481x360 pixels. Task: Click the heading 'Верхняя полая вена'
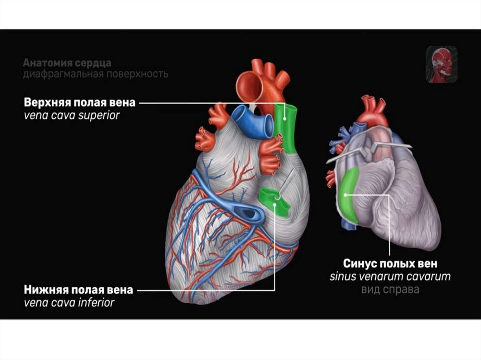tap(80, 102)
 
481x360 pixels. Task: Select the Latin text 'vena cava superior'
tap(71, 115)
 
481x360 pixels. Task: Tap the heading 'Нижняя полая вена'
tap(78, 290)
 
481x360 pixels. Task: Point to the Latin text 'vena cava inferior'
tap(69, 303)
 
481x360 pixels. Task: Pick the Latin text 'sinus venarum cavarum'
tap(390, 276)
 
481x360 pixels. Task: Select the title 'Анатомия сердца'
tap(67, 63)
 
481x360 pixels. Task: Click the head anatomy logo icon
tap(442, 64)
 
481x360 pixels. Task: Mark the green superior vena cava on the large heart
tap(286, 128)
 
